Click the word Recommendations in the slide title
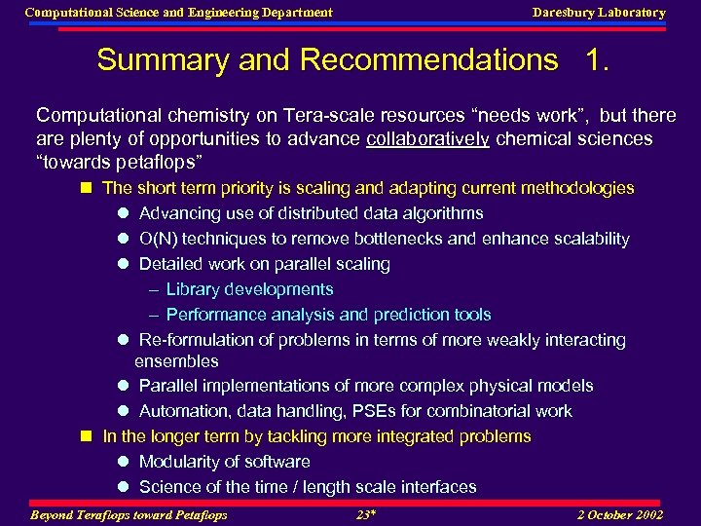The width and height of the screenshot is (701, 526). click(x=429, y=60)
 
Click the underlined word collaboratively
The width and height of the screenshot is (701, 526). click(x=427, y=138)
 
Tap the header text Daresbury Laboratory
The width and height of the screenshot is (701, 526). click(x=599, y=13)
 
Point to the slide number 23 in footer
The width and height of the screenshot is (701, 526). click(x=365, y=514)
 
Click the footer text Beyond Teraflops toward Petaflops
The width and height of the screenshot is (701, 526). click(x=129, y=514)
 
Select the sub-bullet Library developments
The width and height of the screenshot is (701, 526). click(x=249, y=289)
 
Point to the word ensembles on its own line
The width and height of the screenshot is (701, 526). click(x=176, y=361)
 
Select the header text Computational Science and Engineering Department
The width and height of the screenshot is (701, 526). click(x=178, y=13)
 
